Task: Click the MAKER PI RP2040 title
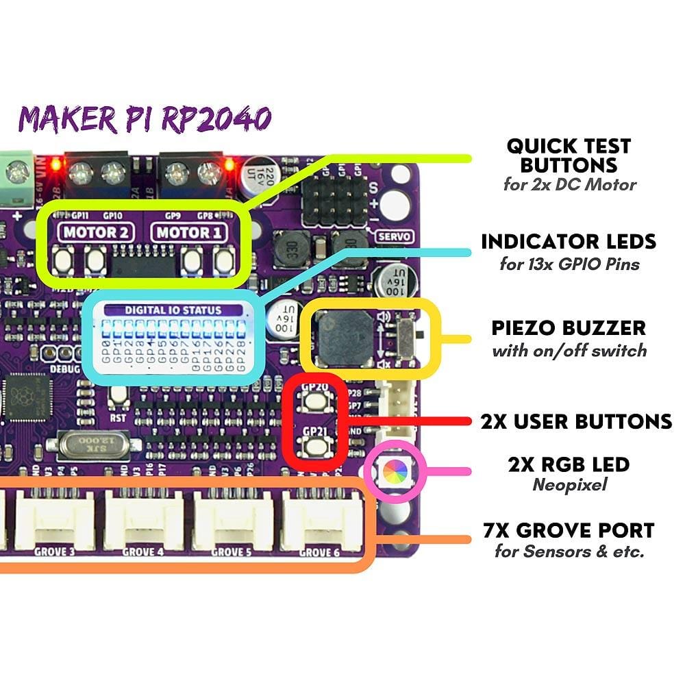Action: click(145, 119)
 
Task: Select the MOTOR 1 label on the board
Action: click(189, 232)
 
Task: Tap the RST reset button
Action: click(119, 395)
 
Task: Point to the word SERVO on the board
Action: click(395, 236)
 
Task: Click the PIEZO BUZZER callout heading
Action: click(569, 327)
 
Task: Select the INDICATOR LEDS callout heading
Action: click(569, 242)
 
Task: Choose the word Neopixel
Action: click(569, 486)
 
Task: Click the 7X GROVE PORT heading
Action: click(569, 530)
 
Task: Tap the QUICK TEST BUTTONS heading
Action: click(569, 155)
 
